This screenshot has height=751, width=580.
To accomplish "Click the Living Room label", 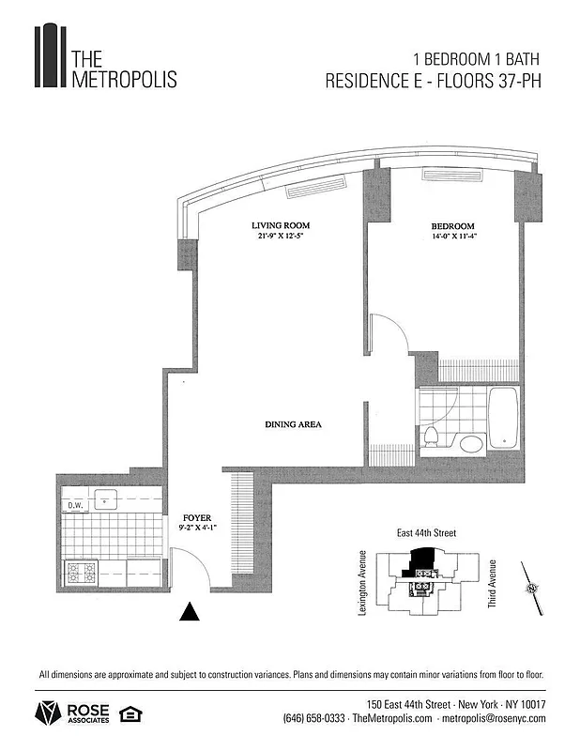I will tap(280, 226).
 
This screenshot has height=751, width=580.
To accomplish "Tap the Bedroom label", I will tap(452, 226).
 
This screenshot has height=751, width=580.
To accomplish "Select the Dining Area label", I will tap(292, 425).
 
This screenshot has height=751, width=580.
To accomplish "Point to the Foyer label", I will tap(197, 518).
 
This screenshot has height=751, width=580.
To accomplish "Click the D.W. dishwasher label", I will tap(75, 507).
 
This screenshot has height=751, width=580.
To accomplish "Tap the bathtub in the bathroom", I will tap(504, 418).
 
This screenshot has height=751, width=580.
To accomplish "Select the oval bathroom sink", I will tap(470, 443).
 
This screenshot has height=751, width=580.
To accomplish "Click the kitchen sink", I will tap(105, 499).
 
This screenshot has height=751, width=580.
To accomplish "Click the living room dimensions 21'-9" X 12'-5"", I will tap(280, 238).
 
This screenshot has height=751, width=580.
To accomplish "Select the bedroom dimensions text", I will tap(452, 238).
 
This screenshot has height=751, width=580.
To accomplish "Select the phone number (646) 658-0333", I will tap(314, 719).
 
